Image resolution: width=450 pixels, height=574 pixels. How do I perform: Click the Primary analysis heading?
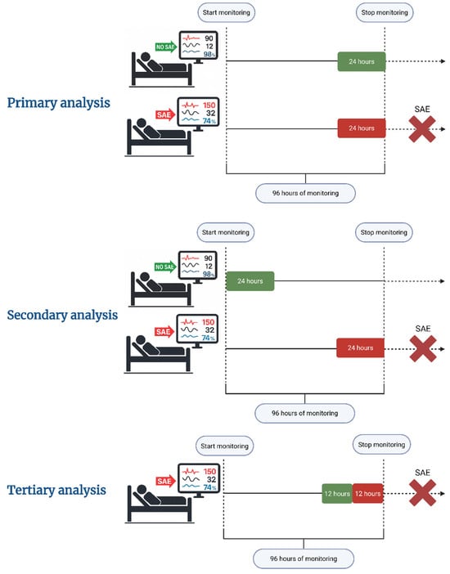pos(59,103)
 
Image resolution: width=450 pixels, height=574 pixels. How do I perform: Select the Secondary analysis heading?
pos(62,315)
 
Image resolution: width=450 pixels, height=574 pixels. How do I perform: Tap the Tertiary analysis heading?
pos(56,490)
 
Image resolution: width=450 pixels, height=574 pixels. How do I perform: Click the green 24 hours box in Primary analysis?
pos(362,61)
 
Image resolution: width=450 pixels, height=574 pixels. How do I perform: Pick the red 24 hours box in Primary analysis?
pos(362,128)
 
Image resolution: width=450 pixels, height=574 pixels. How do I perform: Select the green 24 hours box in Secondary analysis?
pos(250,281)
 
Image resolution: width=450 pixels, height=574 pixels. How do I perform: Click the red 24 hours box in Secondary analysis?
pos(360,348)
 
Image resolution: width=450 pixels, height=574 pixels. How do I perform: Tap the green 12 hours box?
pos(337,494)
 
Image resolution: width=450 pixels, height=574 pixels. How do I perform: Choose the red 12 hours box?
pos(367,494)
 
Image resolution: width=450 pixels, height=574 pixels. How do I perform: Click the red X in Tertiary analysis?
pos(422,493)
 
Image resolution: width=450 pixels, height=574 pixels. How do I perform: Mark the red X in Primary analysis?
pos(422,129)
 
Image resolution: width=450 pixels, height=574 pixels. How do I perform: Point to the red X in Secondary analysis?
pos(423,349)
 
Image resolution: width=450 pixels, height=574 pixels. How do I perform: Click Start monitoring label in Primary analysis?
pos(226,12)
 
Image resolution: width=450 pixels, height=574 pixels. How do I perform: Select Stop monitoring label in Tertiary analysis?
pos(381,445)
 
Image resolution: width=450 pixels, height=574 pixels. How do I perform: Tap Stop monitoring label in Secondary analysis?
pos(384,232)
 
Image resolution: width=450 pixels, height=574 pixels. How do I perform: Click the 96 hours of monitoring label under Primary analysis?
pos(305,193)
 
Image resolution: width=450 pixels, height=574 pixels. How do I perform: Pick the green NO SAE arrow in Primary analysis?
pos(166,47)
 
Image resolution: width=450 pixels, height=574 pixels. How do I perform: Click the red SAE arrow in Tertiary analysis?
pos(164,482)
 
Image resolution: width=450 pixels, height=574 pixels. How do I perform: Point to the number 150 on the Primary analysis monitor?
pos(209,105)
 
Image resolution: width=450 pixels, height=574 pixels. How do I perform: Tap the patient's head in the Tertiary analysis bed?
pos(142,490)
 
